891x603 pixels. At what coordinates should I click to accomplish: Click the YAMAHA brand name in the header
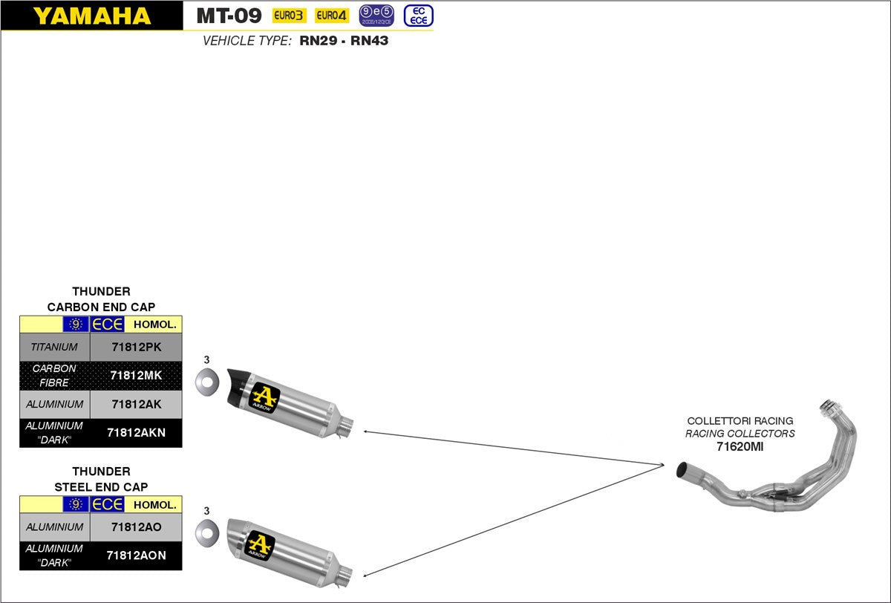click(91, 16)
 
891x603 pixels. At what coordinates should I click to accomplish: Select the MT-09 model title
click(229, 16)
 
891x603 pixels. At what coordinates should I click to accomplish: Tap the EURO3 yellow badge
click(289, 16)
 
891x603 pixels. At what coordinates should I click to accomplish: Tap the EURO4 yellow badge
click(332, 16)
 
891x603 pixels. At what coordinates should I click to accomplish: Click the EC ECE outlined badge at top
click(418, 16)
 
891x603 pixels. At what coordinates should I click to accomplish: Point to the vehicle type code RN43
click(369, 41)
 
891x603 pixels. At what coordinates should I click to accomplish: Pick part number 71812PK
click(136, 347)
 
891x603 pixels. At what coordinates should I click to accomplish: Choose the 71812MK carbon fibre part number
click(136, 376)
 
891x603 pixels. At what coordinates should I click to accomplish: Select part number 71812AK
click(136, 405)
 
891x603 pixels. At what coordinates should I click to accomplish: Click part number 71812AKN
click(136, 433)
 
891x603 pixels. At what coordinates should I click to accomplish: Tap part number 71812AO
click(136, 527)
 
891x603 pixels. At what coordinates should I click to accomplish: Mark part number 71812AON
click(136, 555)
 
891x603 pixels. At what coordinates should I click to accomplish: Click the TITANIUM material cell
click(54, 347)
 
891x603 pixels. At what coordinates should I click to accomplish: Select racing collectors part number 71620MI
click(740, 446)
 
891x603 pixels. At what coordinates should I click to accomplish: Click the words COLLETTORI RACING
click(740, 420)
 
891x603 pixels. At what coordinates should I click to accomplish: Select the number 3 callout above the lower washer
click(206, 511)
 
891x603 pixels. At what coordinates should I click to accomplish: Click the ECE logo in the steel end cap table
click(107, 504)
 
